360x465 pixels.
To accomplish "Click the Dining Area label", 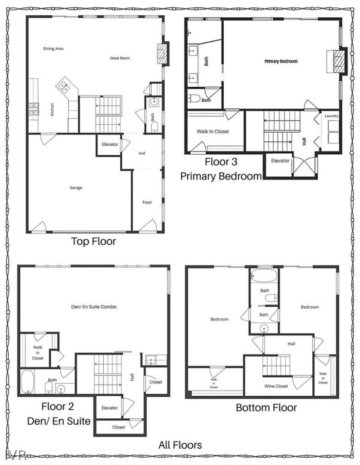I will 53,49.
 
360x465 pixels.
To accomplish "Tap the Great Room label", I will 120,58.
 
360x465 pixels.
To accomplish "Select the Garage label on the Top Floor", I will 76,188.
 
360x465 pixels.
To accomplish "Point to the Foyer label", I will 147,202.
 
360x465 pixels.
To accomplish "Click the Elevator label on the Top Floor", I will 110,144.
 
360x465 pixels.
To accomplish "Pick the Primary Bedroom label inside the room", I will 281,61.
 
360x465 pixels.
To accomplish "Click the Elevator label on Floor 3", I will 280,161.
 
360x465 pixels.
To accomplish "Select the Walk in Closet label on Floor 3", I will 213,132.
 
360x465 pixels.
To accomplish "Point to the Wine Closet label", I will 275,386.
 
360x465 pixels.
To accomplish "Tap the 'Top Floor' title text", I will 94,241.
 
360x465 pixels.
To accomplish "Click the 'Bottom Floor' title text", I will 266,408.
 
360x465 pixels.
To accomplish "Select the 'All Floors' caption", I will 180,445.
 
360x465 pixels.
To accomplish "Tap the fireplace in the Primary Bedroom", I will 338,62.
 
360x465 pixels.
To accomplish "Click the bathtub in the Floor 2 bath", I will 27,382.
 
